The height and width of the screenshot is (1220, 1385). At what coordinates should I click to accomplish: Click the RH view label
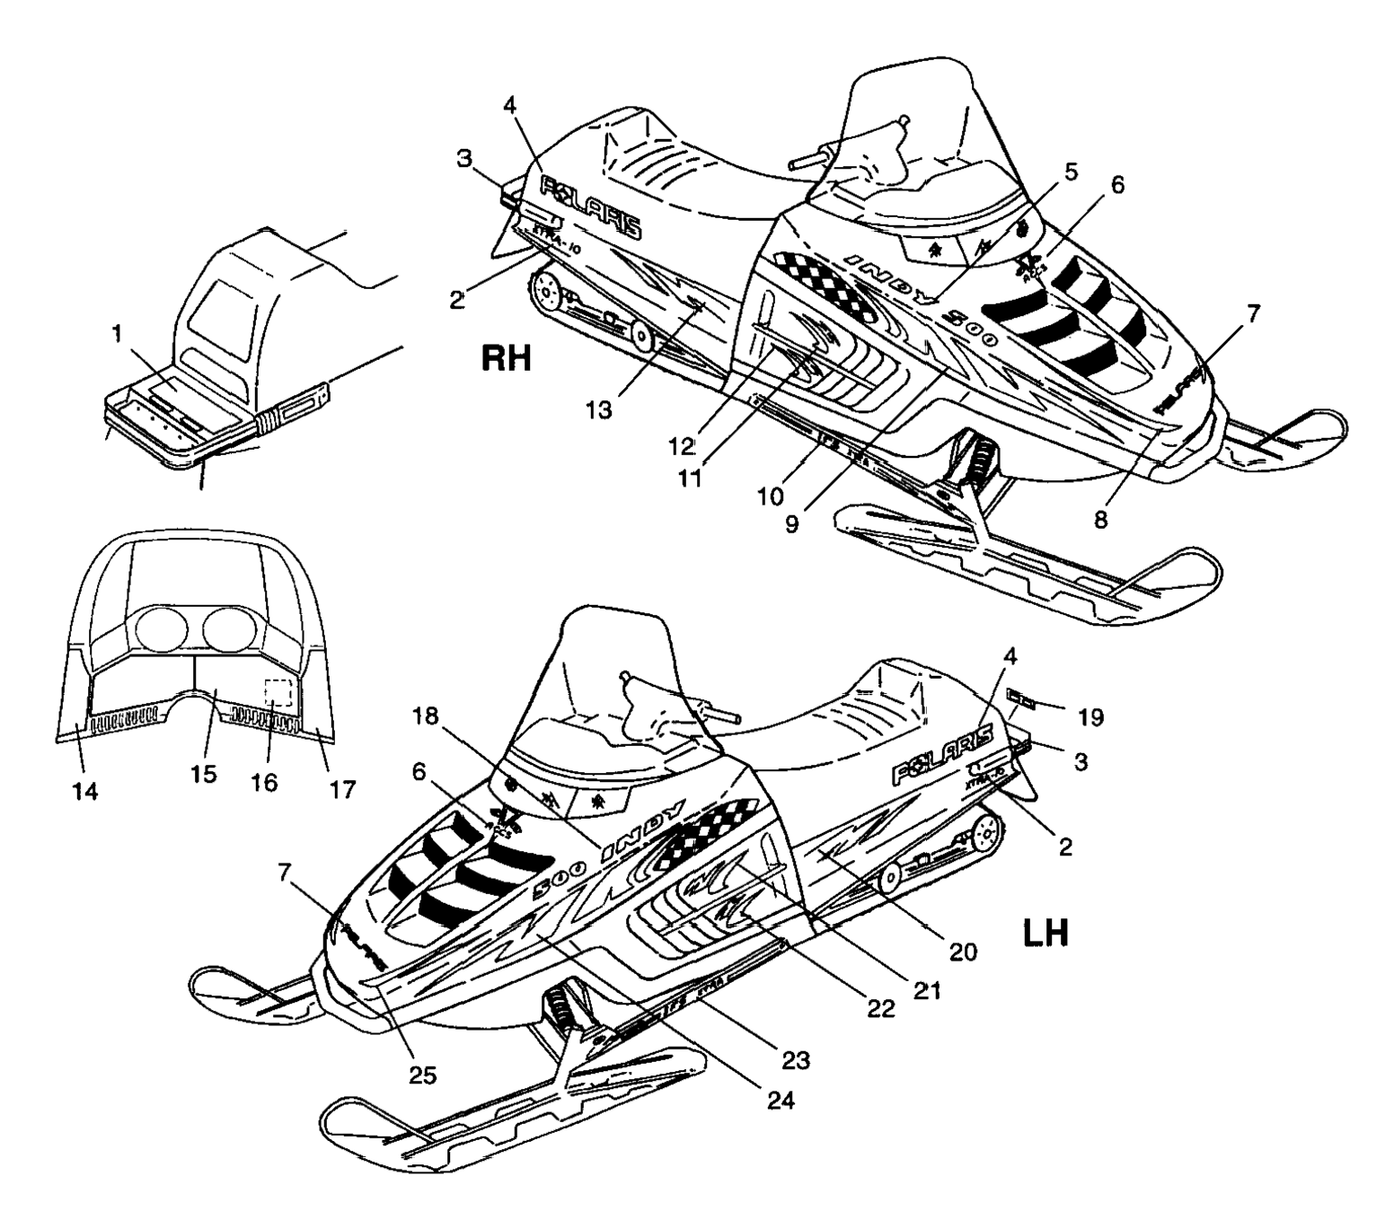pyautogui.click(x=507, y=359)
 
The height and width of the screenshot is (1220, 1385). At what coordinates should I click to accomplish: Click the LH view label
pyautogui.click(x=1045, y=934)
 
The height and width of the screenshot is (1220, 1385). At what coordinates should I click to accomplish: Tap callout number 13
pyautogui.click(x=599, y=409)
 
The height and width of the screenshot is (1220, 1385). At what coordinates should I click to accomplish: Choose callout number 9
pyautogui.click(x=791, y=523)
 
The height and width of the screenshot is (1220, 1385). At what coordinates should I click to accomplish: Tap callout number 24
pyautogui.click(x=781, y=1099)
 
